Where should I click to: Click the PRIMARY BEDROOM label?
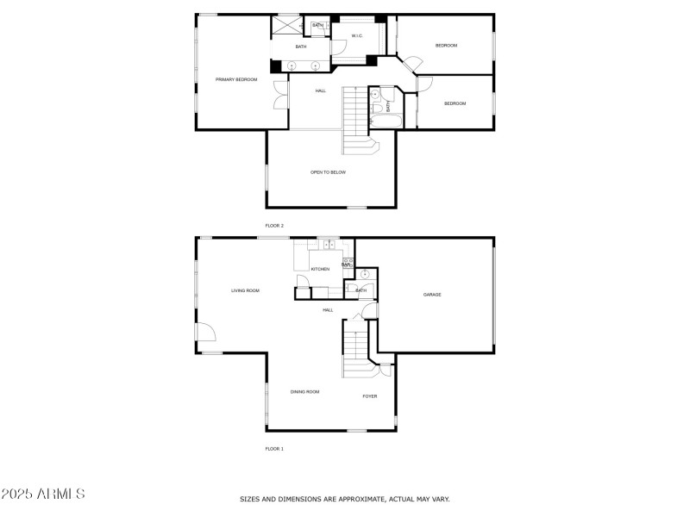pyautogui.click(x=236, y=79)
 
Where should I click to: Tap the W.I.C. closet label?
pyautogui.click(x=356, y=35)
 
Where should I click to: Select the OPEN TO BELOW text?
pyautogui.click(x=328, y=172)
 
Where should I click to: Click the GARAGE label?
pyautogui.click(x=432, y=295)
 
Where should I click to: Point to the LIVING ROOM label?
pyautogui.click(x=245, y=290)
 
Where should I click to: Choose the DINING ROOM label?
pyautogui.click(x=304, y=392)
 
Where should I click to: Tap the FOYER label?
pyautogui.click(x=369, y=396)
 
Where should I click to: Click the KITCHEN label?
pyautogui.click(x=320, y=269)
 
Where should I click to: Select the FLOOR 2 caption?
pyautogui.click(x=274, y=226)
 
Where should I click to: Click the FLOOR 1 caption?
pyautogui.click(x=274, y=449)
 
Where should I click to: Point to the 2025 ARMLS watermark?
pyautogui.click(x=43, y=495)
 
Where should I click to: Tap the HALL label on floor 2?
pyautogui.click(x=320, y=90)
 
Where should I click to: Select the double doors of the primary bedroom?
pyautogui.click(x=280, y=95)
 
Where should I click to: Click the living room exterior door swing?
pyautogui.click(x=204, y=333)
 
